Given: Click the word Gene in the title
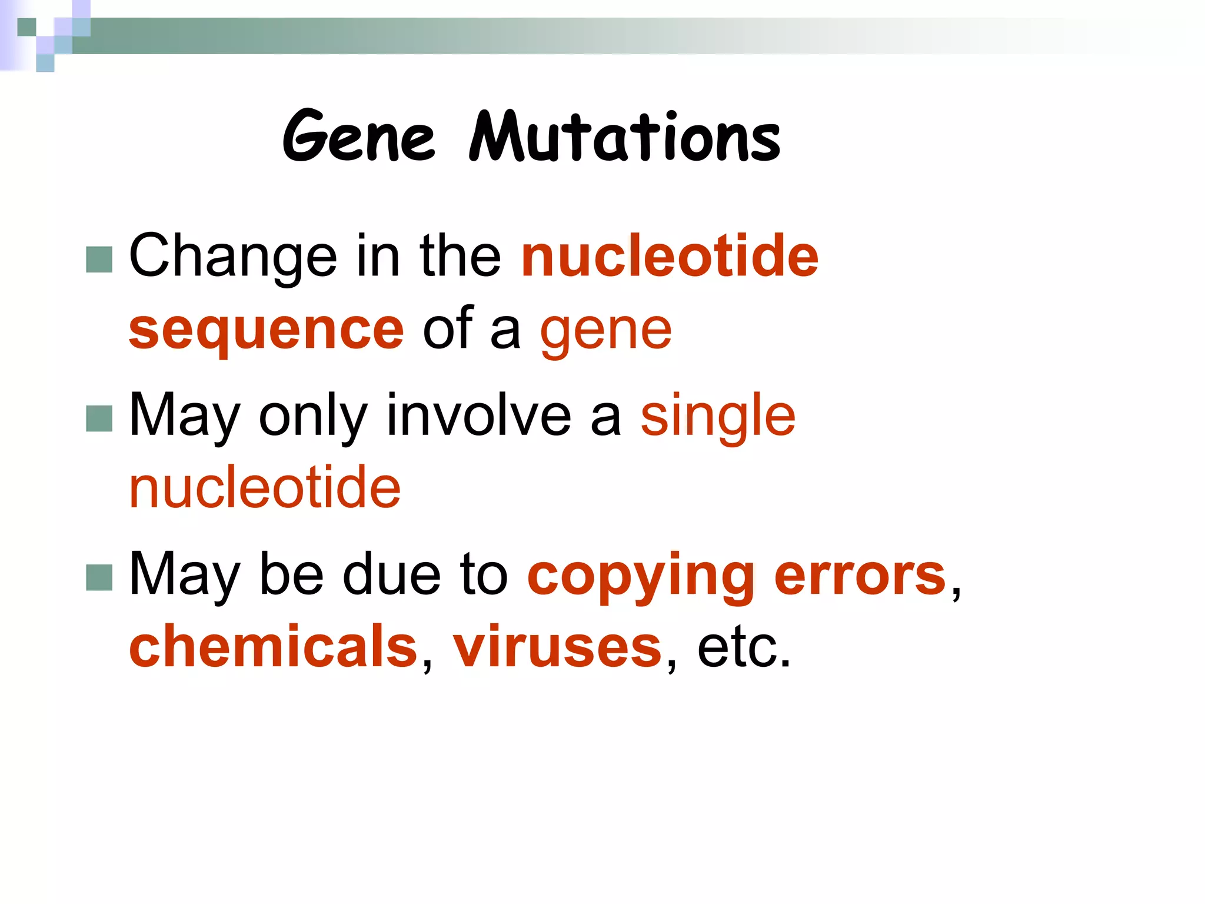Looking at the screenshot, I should pyautogui.click(x=358, y=137).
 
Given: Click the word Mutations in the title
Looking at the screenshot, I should pyautogui.click(x=625, y=137).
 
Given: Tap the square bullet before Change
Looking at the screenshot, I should pyautogui.click(x=99, y=260).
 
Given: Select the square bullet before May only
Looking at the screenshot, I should pyautogui.click(x=99, y=418).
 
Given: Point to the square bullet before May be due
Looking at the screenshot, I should pyautogui.click(x=99, y=577).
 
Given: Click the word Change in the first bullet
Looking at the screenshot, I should pyautogui.click(x=233, y=257).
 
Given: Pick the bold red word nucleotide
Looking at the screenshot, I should pyautogui.click(x=670, y=255).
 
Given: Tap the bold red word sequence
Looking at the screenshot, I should pyautogui.click(x=266, y=330).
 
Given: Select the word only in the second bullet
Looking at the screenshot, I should pyautogui.click(x=313, y=417).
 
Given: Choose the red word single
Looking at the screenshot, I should pyautogui.click(x=718, y=417).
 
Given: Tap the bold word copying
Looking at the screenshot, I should pyautogui.click(x=640, y=577).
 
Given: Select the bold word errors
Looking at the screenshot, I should pyautogui.click(x=860, y=576).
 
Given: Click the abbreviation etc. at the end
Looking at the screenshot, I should pyautogui.click(x=744, y=647).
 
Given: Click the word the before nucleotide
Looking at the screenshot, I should pyautogui.click(x=460, y=255).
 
